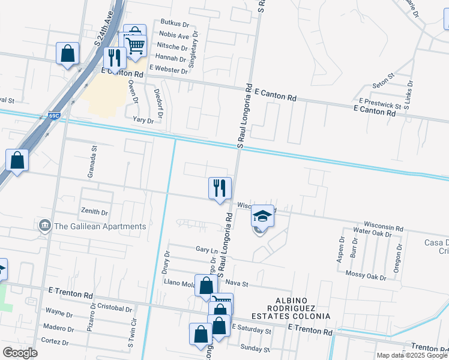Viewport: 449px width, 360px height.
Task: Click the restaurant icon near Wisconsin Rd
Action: click(x=220, y=188)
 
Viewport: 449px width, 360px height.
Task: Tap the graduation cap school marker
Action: click(x=262, y=215)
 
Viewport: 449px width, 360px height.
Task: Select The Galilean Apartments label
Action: click(x=100, y=227)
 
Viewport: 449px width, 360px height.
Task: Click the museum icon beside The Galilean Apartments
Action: click(x=44, y=226)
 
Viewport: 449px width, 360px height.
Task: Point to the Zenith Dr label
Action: click(x=95, y=212)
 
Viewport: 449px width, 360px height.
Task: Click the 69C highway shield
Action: click(x=55, y=116)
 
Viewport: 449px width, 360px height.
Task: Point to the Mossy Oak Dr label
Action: click(x=366, y=276)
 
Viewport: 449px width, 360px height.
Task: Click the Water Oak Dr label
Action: click(x=377, y=231)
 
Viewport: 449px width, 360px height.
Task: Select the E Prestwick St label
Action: click(x=379, y=104)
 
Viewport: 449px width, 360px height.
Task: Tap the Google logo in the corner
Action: click(x=20, y=353)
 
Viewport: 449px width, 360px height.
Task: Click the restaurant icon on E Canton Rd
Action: click(x=113, y=58)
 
